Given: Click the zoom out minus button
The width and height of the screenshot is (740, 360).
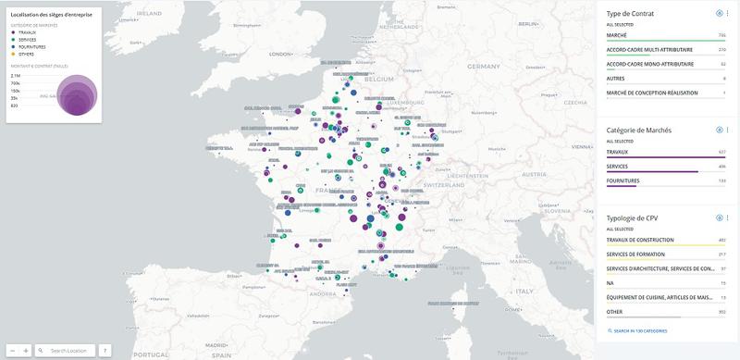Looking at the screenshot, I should [x=11, y=351].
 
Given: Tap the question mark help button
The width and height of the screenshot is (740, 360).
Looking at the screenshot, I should [x=105, y=351].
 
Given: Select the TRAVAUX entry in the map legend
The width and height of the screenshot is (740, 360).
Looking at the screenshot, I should [x=27, y=32].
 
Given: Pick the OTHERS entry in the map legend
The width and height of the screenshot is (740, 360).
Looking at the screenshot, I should [x=26, y=54].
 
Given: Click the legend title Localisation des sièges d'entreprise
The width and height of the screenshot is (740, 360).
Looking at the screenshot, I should [x=48, y=15].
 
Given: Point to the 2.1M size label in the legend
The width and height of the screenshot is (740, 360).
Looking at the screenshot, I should [x=16, y=75].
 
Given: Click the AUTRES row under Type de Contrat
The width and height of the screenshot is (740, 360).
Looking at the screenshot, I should [x=615, y=79].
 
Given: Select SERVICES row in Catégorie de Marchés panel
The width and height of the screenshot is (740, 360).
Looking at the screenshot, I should [x=617, y=166].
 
